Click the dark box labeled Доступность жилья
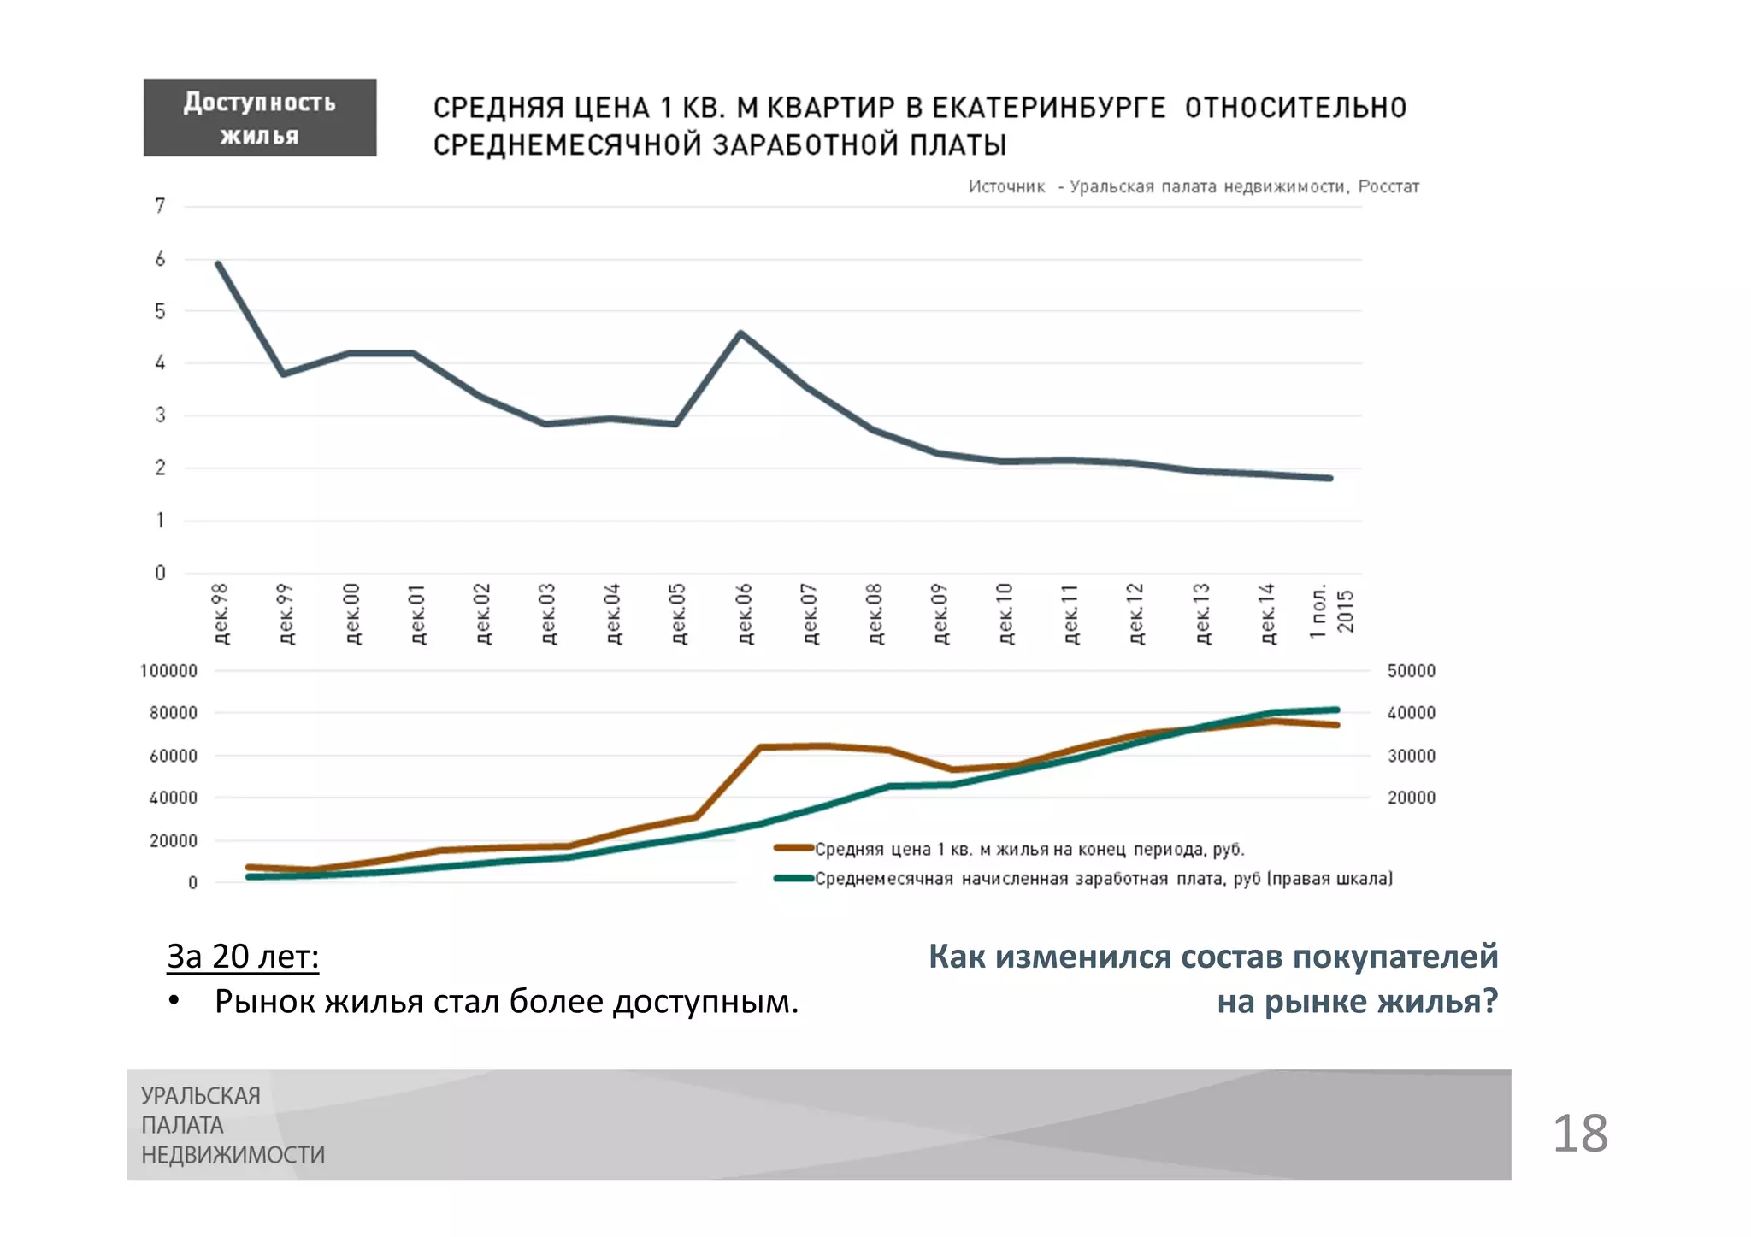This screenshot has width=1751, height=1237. pyautogui.click(x=259, y=117)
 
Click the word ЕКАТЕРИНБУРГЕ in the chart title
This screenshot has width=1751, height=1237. pyautogui.click(x=1048, y=108)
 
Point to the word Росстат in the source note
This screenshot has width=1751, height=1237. pyautogui.click(x=1388, y=186)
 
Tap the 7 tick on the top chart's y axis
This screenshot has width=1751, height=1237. pyautogui.click(x=160, y=206)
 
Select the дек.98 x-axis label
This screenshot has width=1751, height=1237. pyautogui.click(x=221, y=614)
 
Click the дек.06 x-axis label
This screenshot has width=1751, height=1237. pyautogui.click(x=744, y=614)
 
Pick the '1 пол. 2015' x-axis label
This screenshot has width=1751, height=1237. pyautogui.click(x=1332, y=611)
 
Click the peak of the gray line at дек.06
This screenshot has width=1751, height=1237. pyautogui.click(x=740, y=333)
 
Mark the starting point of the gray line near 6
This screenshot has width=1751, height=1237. pyautogui.click(x=218, y=263)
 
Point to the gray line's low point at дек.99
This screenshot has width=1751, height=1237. pyautogui.click(x=283, y=374)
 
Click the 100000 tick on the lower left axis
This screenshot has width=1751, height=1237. pyautogui.click(x=168, y=671)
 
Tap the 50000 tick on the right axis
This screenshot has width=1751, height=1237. pyautogui.click(x=1411, y=671)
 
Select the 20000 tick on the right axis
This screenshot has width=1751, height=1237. pyautogui.click(x=1411, y=798)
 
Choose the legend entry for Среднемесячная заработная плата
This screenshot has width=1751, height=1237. pyautogui.click(x=1103, y=879)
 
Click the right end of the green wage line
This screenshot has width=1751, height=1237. pyautogui.click(x=1337, y=710)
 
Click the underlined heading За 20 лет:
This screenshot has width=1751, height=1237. pyautogui.click(x=243, y=956)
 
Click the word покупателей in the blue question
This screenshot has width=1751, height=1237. pyautogui.click(x=1395, y=956)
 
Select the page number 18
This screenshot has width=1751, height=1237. pyautogui.click(x=1580, y=1134)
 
